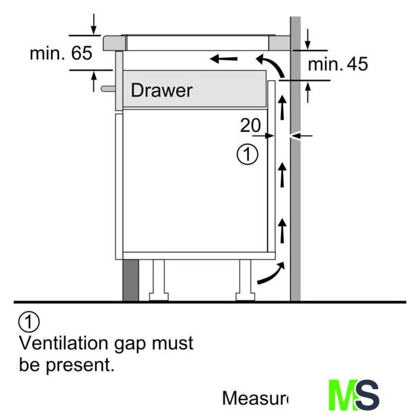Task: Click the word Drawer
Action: pyautogui.click(x=162, y=89)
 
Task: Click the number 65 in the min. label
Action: pyautogui.click(x=82, y=53)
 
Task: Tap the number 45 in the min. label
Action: pyautogui.click(x=356, y=64)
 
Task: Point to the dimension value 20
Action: pyautogui.click(x=250, y=125)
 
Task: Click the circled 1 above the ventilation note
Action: pyautogui.click(x=30, y=322)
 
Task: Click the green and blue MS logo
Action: pyautogui.click(x=354, y=396)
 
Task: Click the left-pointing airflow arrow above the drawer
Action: pyautogui.click(x=224, y=60)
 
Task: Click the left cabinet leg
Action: pyautogui.click(x=159, y=279)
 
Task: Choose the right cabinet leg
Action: pyautogui.click(x=244, y=279)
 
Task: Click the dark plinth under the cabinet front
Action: pyautogui.click(x=130, y=280)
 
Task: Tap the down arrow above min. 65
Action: pyautogui.click(x=94, y=24)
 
